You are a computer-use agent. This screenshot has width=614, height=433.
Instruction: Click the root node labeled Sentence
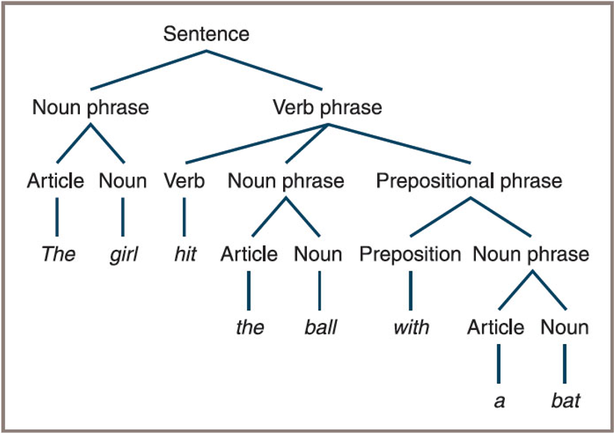point(206,34)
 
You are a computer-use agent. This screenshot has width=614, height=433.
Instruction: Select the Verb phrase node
point(327,108)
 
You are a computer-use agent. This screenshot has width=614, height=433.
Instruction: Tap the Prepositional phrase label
point(469,181)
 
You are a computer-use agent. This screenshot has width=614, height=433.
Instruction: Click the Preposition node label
point(410,254)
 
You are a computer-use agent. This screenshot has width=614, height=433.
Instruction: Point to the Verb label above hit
point(184,181)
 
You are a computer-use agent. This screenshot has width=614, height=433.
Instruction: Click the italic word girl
point(124,254)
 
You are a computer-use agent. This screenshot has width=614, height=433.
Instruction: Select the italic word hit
point(185,254)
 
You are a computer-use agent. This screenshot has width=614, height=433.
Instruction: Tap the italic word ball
point(320,327)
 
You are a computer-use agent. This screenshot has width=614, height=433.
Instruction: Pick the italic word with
point(411,327)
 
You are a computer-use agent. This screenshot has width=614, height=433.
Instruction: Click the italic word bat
point(565,401)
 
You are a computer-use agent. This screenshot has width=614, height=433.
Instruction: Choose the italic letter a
point(499,402)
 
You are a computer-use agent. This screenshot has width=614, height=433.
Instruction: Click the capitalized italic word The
point(58,254)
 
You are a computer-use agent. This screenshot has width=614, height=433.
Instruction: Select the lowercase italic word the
point(249,327)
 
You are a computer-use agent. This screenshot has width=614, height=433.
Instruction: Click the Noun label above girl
point(123,181)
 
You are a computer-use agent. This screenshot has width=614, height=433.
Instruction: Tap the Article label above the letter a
point(495,327)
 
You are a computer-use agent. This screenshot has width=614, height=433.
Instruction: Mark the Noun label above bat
point(565,327)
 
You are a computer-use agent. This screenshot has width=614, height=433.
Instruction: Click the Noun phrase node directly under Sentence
point(90,108)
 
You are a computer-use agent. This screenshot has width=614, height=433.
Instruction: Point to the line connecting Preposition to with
point(410,291)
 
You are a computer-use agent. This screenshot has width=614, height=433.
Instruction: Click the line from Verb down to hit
point(184,217)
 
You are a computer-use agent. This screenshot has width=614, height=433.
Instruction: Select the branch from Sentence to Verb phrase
point(264,70)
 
